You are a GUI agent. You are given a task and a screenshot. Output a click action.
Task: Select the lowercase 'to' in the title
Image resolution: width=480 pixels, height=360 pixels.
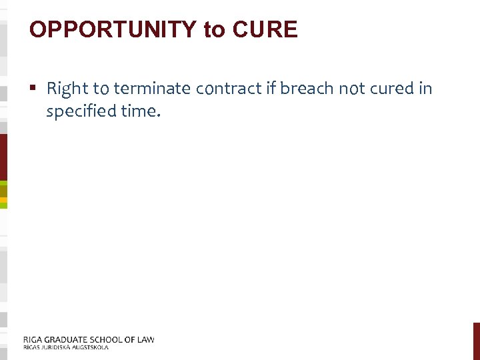(215, 30)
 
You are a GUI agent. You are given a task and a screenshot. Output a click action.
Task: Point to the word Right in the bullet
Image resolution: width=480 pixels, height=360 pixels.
(67, 89)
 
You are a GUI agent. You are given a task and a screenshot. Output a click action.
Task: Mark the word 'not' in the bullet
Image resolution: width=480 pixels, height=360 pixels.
(351, 89)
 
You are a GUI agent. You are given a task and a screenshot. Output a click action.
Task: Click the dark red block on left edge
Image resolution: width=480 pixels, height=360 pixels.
(3, 157)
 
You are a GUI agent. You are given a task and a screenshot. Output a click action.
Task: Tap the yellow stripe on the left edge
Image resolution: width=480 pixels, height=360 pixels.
(3, 199)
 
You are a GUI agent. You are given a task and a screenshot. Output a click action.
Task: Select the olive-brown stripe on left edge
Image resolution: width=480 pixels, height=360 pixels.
(3, 190)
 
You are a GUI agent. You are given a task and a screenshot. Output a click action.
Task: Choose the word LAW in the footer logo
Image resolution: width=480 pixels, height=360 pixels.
(145, 339)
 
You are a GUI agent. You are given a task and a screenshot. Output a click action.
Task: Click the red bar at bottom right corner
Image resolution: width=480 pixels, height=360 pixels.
(476, 341)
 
